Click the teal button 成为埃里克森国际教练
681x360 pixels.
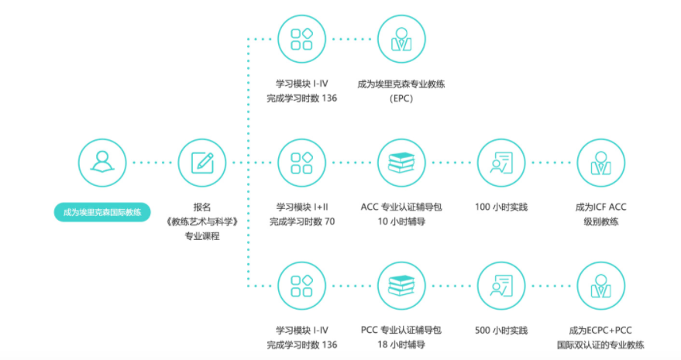tap(101, 212)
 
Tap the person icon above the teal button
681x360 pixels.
tap(101, 163)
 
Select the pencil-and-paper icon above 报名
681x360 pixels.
tap(202, 163)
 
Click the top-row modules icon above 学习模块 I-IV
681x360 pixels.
tap(301, 39)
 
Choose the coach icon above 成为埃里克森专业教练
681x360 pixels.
tap(401, 39)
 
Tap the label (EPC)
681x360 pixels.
tap(401, 98)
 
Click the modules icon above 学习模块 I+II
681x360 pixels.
tap(301, 163)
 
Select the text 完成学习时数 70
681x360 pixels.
tap(301, 222)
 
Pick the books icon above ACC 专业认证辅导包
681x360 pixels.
tap(401, 163)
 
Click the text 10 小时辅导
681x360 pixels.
tap(401, 222)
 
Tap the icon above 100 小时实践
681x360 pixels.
tap(501, 163)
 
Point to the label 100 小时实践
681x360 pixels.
tap(501, 207)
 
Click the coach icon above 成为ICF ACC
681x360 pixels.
tap(600, 163)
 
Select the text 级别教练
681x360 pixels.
tap(600, 222)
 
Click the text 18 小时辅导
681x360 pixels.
tap(401, 345)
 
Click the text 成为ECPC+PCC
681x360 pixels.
tap(600, 331)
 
